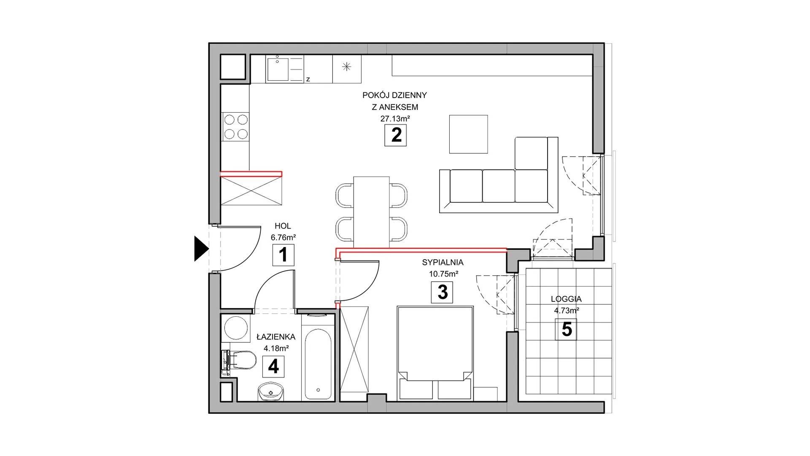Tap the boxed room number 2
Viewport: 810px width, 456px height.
396,136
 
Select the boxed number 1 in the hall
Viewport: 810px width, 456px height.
283,255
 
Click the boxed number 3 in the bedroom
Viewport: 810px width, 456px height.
442,292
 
